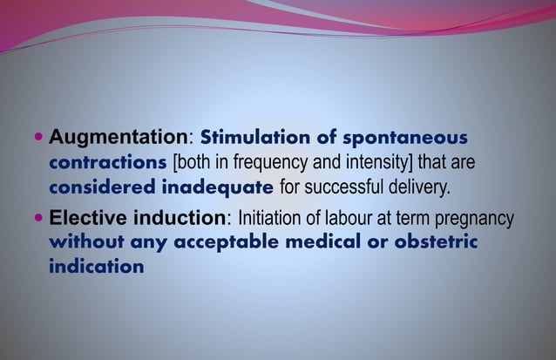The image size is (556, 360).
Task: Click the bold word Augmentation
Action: [x=119, y=138]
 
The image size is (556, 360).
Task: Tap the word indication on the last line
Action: [x=96, y=266]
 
